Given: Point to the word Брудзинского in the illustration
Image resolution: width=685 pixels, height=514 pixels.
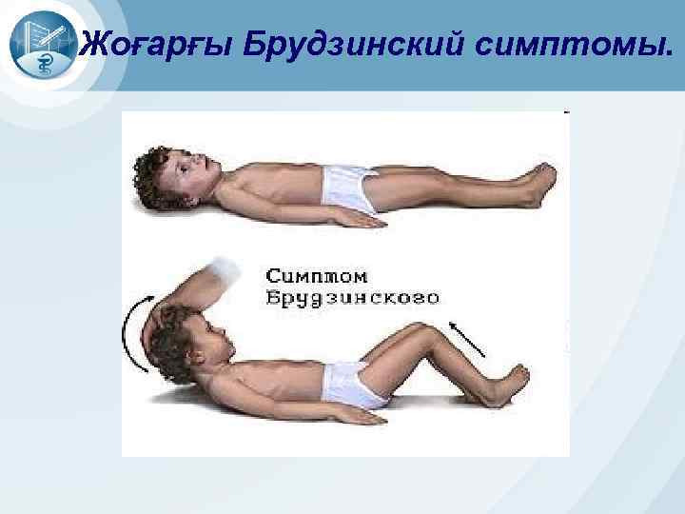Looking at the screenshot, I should pos(353,298).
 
